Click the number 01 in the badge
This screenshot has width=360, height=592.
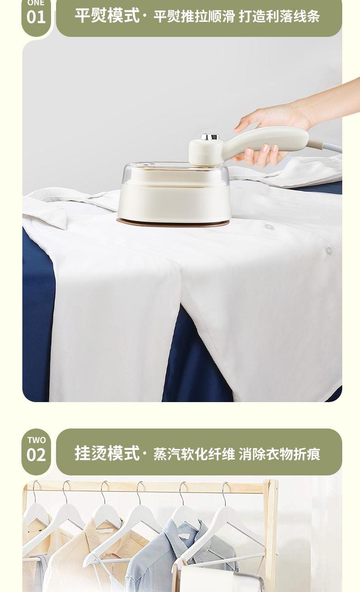(36, 17)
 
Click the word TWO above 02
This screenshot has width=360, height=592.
(36, 440)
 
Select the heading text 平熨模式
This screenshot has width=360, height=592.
(107, 16)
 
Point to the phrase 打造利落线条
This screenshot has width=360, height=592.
(279, 16)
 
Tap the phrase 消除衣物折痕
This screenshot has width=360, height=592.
(279, 454)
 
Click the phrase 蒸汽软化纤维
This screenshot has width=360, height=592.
(194, 454)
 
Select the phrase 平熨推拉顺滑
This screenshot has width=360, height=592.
(194, 16)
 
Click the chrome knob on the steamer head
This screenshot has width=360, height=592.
(210, 137)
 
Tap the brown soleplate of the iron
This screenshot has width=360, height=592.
(173, 223)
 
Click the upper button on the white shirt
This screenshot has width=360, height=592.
(269, 227)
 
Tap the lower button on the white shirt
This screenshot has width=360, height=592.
(329, 250)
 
